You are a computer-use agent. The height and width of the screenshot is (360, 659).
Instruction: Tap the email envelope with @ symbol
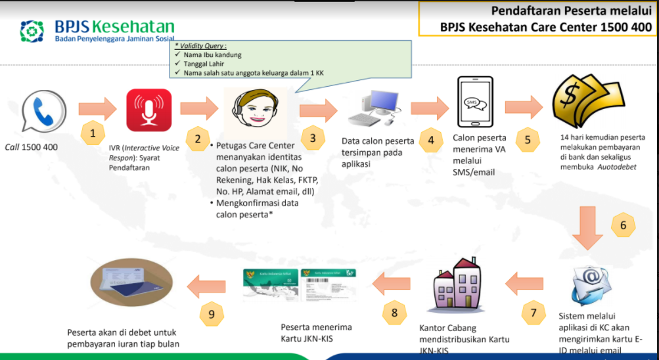click(x=592, y=284)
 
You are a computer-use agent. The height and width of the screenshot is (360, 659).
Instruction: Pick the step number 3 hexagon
click(x=313, y=137)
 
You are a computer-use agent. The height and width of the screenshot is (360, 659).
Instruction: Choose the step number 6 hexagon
click(x=624, y=225)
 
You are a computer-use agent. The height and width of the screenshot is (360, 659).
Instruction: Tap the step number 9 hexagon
click(x=212, y=314)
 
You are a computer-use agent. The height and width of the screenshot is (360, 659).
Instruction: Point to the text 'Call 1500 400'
click(x=31, y=146)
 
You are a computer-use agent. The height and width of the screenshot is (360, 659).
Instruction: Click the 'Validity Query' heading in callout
click(x=200, y=46)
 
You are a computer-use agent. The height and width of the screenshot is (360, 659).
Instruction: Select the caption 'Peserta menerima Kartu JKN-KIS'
click(x=316, y=332)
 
